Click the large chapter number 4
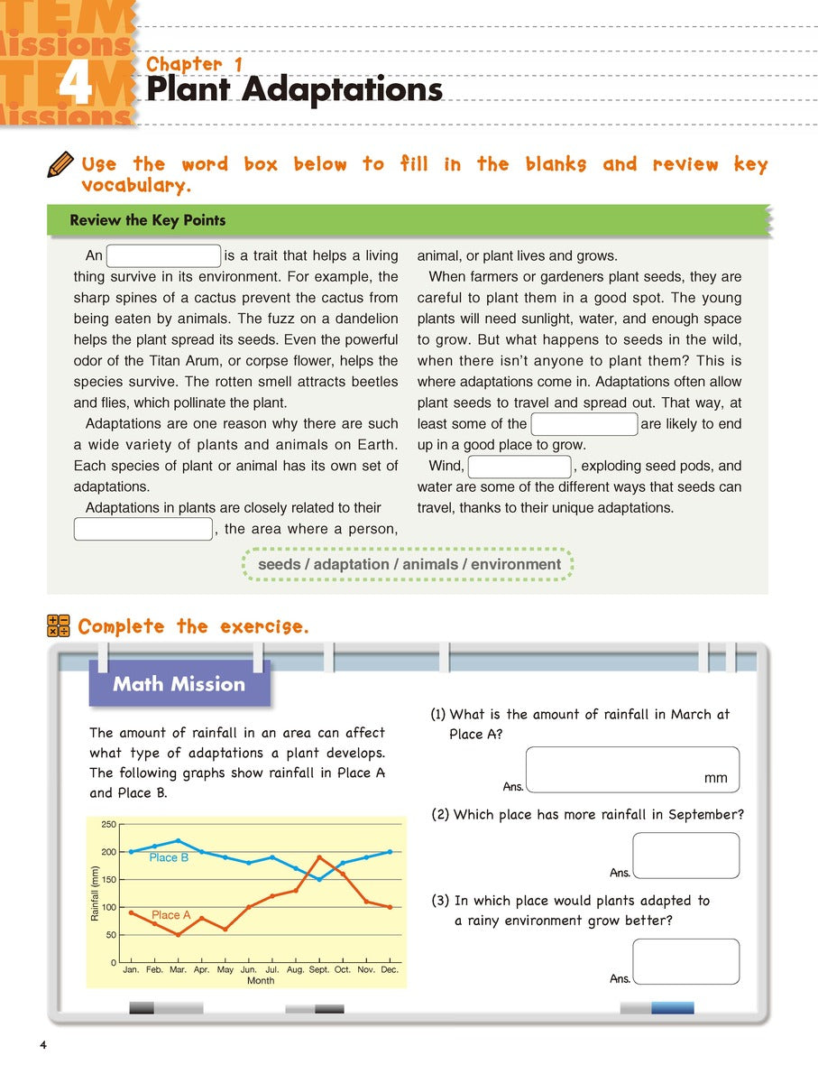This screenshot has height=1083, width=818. coord(76,88)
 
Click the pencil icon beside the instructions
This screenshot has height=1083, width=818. coord(60,165)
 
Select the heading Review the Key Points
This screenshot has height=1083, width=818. coord(148,220)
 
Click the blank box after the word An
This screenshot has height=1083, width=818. coord(163,255)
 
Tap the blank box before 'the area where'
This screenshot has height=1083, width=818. coord(142,529)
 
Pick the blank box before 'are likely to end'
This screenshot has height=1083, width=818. coord(584,424)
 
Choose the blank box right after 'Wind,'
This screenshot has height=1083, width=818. coord(519,467)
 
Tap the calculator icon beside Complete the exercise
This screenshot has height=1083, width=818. coord(59,626)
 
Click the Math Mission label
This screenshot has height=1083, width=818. coord(179,684)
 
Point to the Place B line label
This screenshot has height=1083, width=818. coord(169,857)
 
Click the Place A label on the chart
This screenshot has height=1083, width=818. coord(170,915)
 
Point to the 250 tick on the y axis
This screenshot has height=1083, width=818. coord(109,824)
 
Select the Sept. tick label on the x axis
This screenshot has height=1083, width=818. coord(318,969)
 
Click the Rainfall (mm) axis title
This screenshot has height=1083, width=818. coord(95,893)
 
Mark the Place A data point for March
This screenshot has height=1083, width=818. coord(178,935)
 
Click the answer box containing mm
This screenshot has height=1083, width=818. coord(631,770)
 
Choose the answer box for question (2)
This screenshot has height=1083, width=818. coord(685,856)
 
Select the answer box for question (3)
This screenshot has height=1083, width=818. coord(685,961)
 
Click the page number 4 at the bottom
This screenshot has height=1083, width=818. coord(42,1045)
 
